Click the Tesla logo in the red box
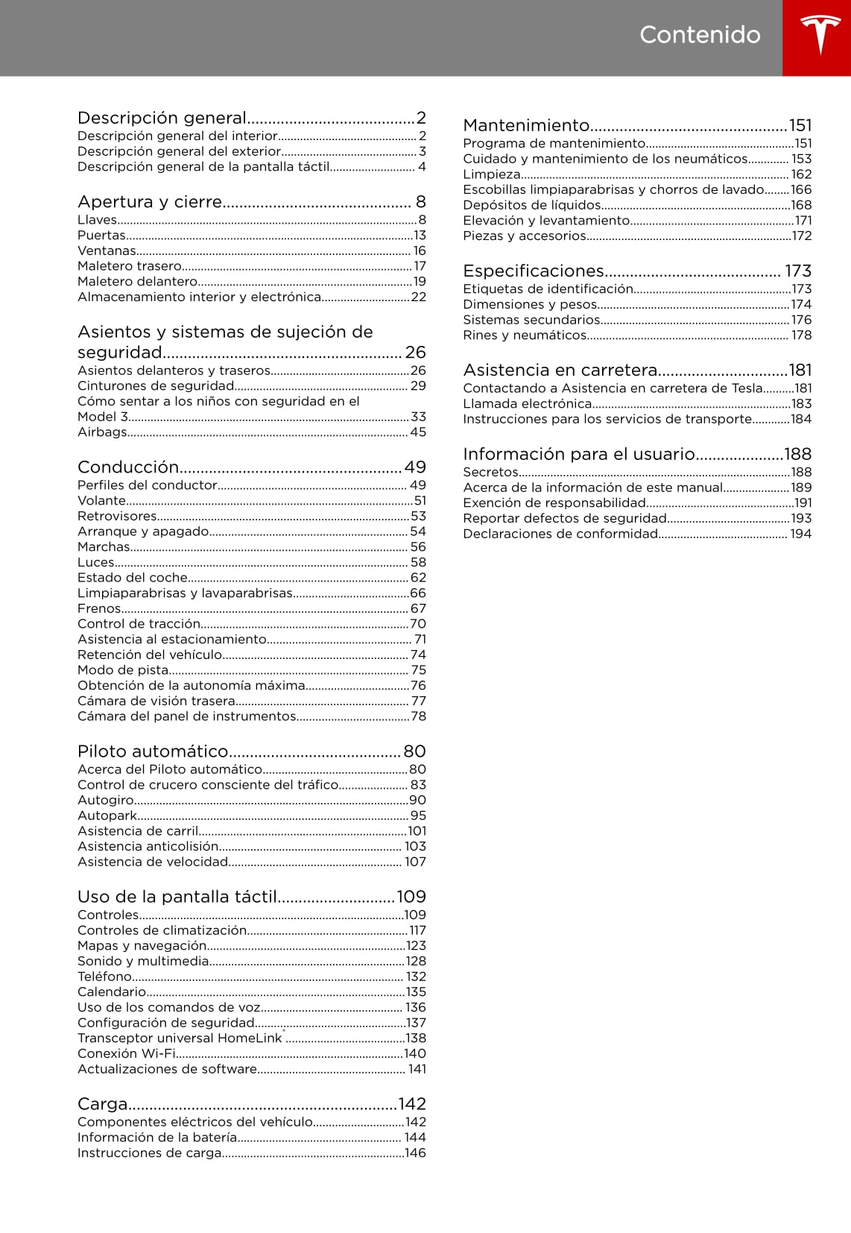click(x=820, y=36)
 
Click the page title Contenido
click(x=700, y=35)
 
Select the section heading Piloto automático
click(x=153, y=751)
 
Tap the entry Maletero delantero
click(x=137, y=282)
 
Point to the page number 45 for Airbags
click(x=418, y=432)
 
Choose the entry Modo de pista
click(x=123, y=670)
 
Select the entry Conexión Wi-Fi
click(x=127, y=1053)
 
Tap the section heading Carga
click(x=103, y=1103)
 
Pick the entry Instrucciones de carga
click(x=150, y=1153)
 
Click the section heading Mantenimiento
click(x=526, y=125)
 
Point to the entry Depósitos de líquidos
click(x=532, y=205)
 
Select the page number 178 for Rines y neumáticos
click(x=801, y=335)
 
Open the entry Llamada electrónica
click(x=527, y=404)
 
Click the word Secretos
click(x=490, y=473)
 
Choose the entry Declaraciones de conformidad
click(x=560, y=534)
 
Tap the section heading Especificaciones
click(x=534, y=271)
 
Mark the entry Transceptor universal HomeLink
click(x=180, y=1038)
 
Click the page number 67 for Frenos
click(x=418, y=609)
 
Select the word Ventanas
click(x=107, y=251)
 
